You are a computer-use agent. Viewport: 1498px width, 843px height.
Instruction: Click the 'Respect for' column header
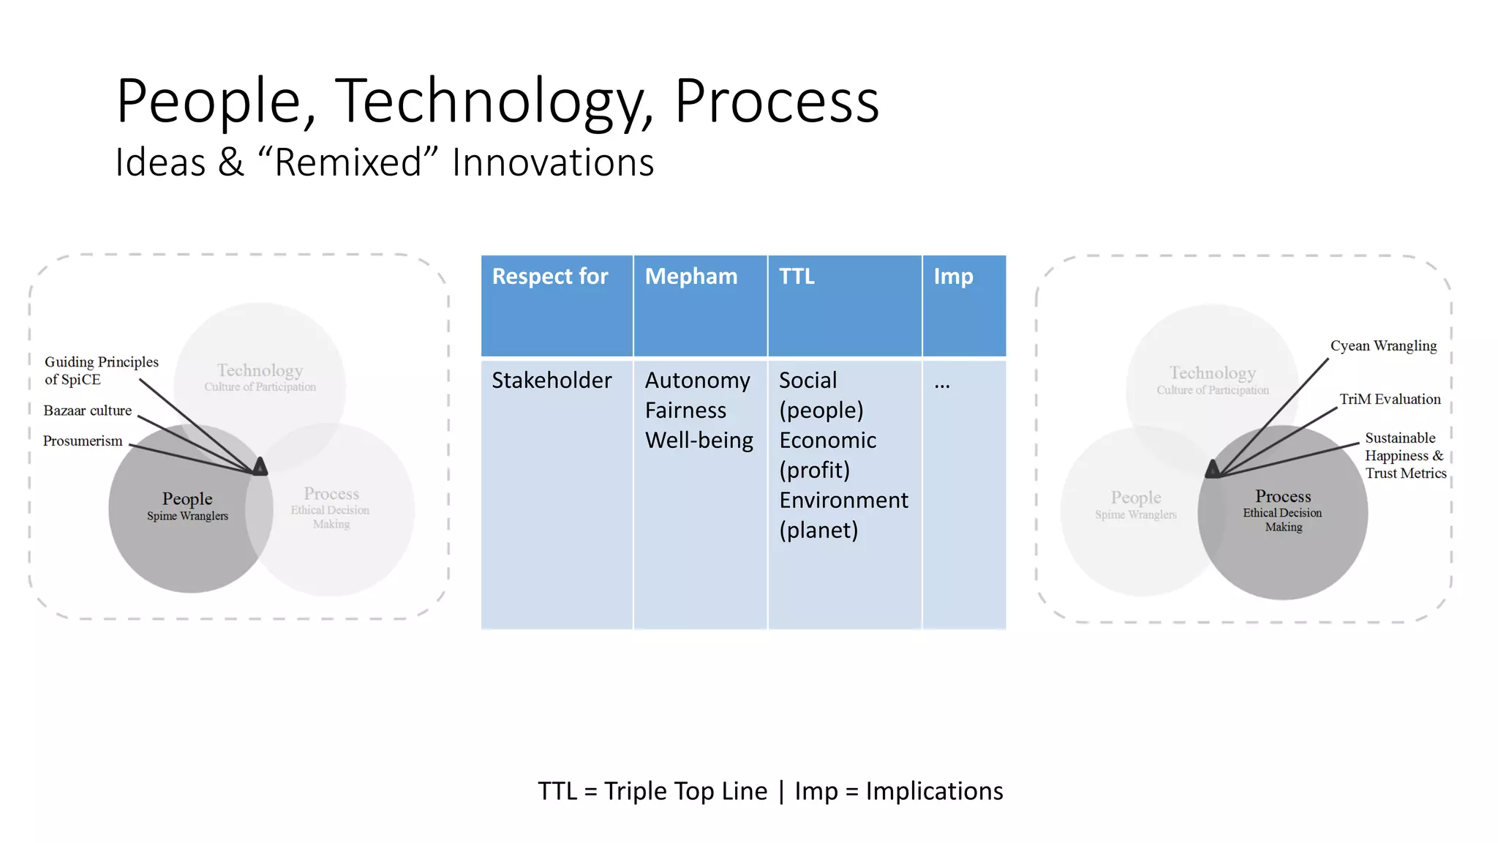tap(550, 277)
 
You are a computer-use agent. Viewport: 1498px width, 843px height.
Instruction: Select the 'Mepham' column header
tap(690, 277)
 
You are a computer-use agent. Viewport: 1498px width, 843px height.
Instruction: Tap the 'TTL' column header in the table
tap(796, 277)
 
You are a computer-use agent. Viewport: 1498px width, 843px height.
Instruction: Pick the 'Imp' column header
tap(952, 277)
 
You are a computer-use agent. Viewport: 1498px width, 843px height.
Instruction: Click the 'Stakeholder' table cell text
tap(552, 381)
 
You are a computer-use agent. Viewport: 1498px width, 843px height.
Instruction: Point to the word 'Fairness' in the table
tap(685, 411)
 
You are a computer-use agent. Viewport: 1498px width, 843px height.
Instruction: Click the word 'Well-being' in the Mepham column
tap(699, 441)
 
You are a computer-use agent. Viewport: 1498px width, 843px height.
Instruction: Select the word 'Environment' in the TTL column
tap(843, 501)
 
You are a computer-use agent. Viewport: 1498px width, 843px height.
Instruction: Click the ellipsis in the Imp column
tap(942, 384)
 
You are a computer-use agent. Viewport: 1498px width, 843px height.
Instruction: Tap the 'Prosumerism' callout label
tap(83, 441)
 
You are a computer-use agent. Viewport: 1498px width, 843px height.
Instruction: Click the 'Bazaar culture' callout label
tap(88, 411)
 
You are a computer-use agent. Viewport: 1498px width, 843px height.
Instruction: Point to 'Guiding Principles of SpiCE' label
tap(101, 370)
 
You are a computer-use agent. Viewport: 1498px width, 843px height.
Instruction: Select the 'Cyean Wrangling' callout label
tap(1383, 345)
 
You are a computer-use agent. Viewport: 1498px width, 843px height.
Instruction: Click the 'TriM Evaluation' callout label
tap(1390, 399)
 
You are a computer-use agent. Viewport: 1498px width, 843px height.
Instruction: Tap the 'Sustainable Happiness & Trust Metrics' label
tap(1404, 455)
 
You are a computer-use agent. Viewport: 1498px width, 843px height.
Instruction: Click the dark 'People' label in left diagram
tap(187, 499)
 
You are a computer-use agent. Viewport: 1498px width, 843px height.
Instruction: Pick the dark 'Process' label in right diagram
tap(1283, 496)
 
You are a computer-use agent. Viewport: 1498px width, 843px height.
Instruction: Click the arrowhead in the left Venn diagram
tap(260, 467)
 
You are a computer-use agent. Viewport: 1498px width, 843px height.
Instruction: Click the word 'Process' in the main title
tap(776, 101)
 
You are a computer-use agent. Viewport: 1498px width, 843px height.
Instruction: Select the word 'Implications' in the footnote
tap(934, 791)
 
